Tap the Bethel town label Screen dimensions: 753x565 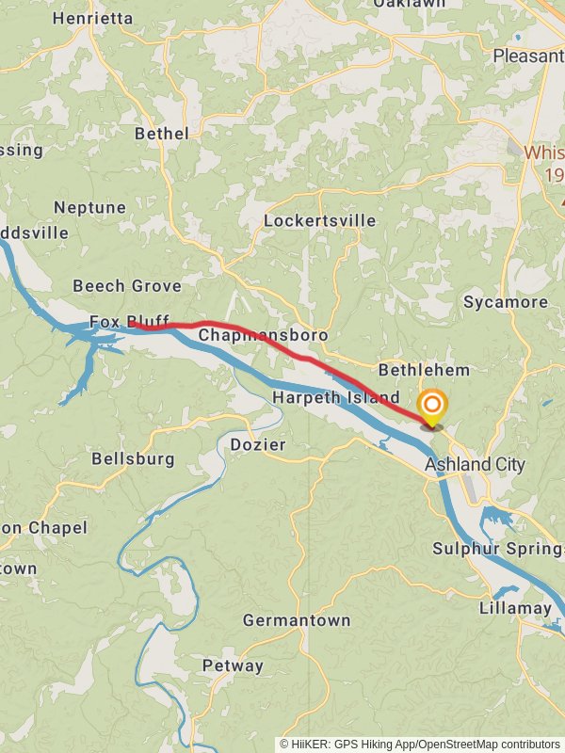pos(161,134)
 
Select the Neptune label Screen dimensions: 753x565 pos(89,207)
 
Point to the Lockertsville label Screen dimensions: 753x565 pos(319,220)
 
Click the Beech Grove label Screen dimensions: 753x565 pos(127,285)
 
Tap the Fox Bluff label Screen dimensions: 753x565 pos(129,322)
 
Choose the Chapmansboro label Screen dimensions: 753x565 pos(263,335)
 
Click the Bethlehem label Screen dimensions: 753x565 pos(424,370)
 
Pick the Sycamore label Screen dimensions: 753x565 pos(505,302)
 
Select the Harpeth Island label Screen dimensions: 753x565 pos(335,398)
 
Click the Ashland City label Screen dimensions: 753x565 pos(475,464)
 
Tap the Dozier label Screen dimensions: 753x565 pos(258,443)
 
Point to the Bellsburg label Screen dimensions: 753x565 pos(133,459)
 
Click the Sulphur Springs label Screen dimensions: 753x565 pos(498,549)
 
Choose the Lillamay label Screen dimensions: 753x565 pos(515,608)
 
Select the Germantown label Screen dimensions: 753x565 pos(296,620)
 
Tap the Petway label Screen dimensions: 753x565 pos(233,665)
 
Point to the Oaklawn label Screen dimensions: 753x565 pos(409,4)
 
